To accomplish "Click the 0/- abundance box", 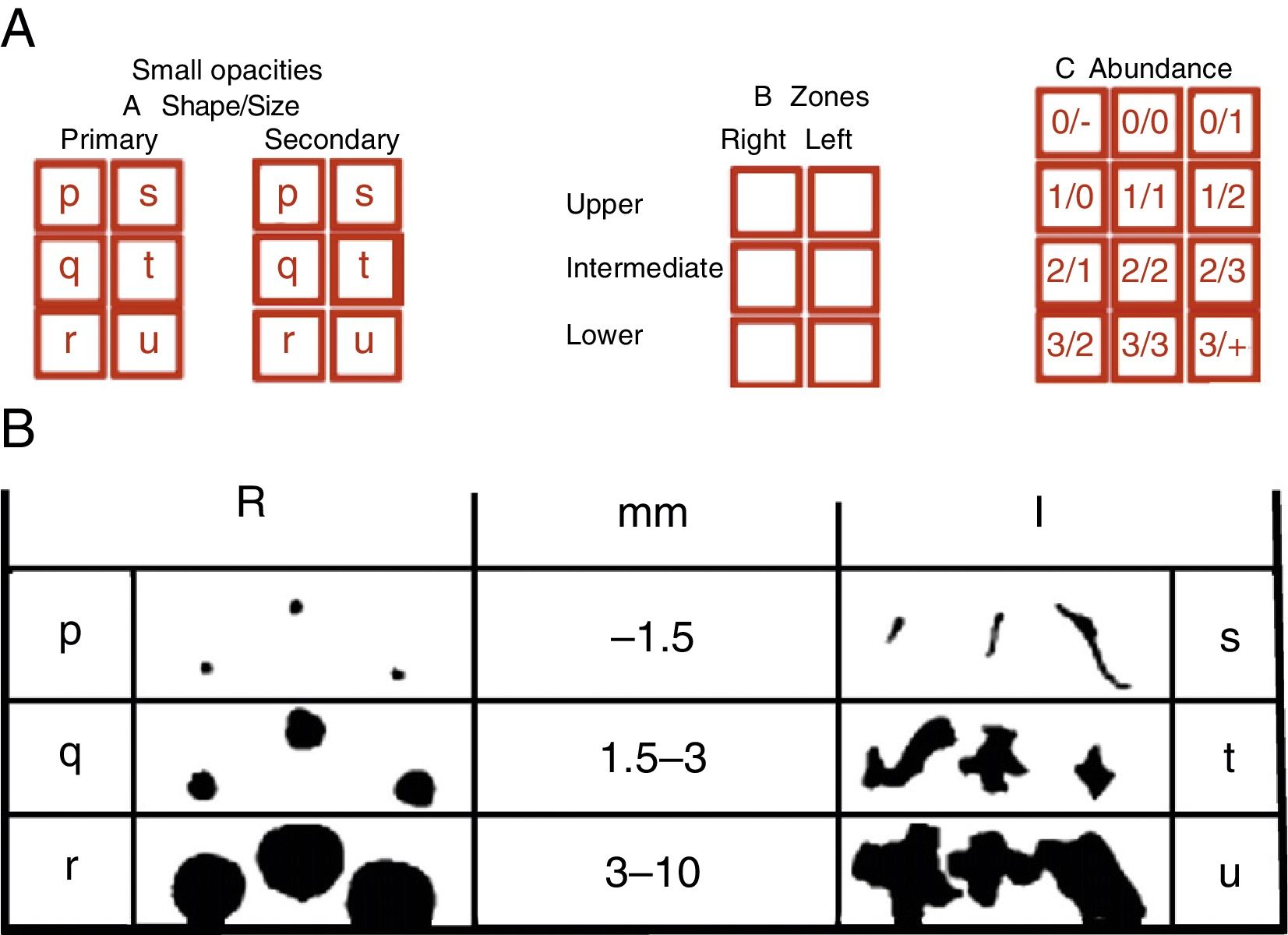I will (1071, 122).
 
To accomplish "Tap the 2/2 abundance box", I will (1145, 271).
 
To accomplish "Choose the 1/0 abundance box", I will (1071, 197).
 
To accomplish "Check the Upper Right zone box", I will (767, 202).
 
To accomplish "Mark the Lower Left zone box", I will (843, 351).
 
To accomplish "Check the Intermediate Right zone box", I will (767, 276).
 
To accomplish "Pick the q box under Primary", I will (69, 267).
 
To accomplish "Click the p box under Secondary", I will (288, 194).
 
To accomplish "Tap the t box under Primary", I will (147, 267).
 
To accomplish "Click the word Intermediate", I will (644, 268).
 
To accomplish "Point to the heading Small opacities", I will (227, 70).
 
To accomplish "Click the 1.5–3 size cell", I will (654, 758).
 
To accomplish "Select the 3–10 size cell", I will (654, 872).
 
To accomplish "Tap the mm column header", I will (653, 513).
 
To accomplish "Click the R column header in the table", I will (251, 503).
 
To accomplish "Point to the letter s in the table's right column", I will (1229, 637).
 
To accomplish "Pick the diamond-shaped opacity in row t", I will (1095, 771).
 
